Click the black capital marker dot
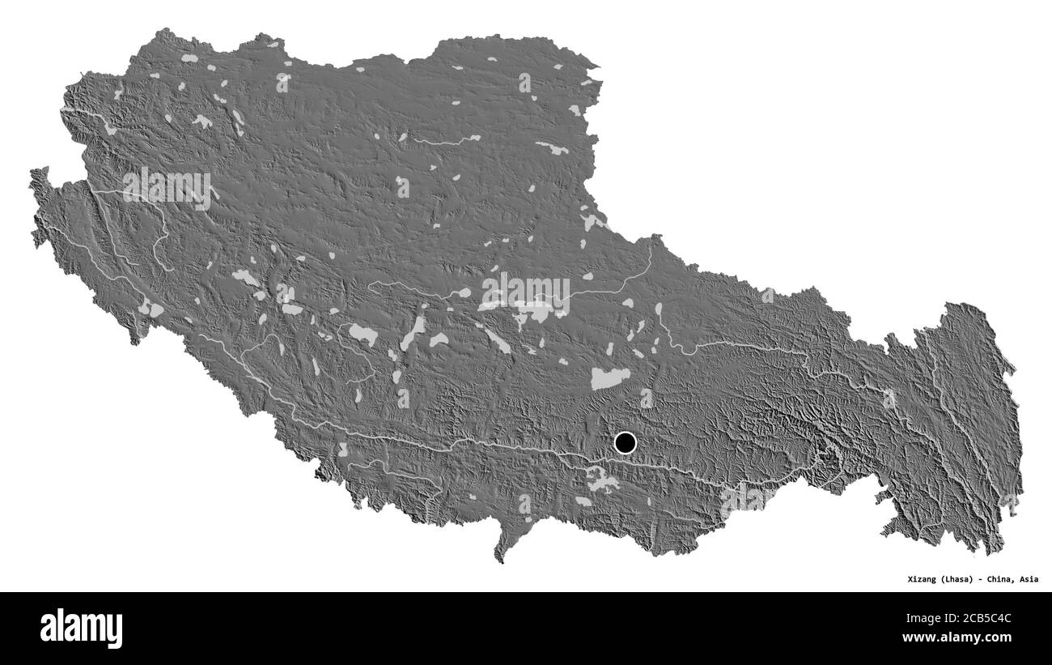coord(626,443)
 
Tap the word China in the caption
coord(1004,579)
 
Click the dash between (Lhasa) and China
coord(985,579)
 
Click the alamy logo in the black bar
coord(81,628)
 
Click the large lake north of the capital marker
coord(610,377)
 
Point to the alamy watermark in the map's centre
coord(525,293)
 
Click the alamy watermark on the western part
coord(168,187)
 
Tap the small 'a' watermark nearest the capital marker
coord(646,398)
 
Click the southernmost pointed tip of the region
coord(500,560)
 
